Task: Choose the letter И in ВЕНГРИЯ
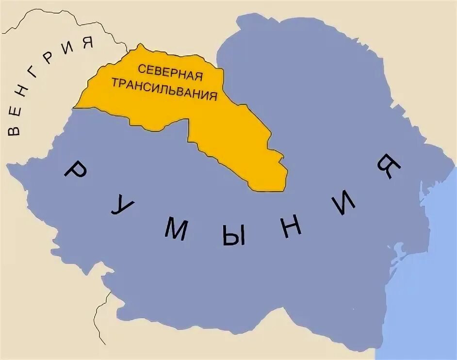click(68, 48)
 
